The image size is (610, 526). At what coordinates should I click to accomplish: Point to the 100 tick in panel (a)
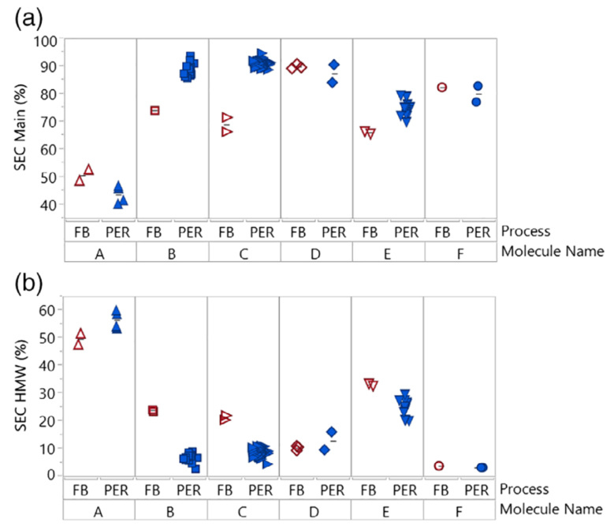coord(47,39)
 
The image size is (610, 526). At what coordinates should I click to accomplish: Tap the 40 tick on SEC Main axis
coord(50,204)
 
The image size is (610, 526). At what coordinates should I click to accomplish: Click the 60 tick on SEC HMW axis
coord(50,310)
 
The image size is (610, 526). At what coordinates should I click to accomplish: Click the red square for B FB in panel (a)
coord(155,110)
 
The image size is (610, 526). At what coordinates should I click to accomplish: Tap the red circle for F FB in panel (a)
coord(442,87)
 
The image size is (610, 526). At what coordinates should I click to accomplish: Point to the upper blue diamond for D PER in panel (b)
coord(332,432)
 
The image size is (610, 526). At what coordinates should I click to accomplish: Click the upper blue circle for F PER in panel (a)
coord(477,86)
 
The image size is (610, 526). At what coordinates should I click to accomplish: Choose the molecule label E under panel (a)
coord(389,252)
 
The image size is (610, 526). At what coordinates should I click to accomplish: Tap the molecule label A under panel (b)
coord(99,513)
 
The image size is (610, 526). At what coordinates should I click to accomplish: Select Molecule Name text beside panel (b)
coord(555,513)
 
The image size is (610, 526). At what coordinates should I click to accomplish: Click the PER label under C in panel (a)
coord(261,232)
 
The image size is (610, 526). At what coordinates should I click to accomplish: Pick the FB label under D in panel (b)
coord(297,491)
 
